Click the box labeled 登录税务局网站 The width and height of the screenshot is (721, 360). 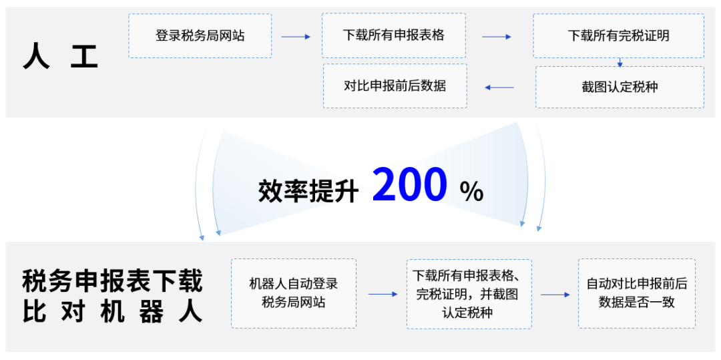(200, 35)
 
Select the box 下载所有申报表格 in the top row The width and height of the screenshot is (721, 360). (394, 35)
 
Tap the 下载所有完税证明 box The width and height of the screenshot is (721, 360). (618, 35)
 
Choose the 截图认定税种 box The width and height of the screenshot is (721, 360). (620, 87)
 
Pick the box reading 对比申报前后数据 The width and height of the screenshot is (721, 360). (395, 86)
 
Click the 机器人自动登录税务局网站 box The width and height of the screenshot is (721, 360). (293, 293)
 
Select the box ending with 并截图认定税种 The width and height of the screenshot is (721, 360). (469, 294)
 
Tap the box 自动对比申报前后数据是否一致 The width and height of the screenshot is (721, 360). (636, 293)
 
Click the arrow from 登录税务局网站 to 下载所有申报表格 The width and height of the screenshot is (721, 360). (296, 37)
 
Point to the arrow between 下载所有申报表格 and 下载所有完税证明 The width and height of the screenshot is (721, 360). (496, 37)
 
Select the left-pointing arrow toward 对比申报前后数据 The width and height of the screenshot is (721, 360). (499, 87)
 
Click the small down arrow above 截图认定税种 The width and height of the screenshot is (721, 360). (620, 63)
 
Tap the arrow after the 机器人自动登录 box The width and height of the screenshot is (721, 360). (383, 294)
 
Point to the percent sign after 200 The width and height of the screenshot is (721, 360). (471, 192)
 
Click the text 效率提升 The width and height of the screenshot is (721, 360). (308, 191)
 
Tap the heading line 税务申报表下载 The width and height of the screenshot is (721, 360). (112, 281)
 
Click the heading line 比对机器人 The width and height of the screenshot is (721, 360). (112, 312)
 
